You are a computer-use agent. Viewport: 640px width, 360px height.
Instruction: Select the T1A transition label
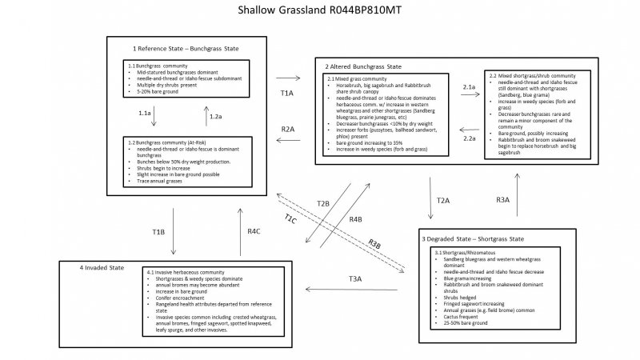pos(287,93)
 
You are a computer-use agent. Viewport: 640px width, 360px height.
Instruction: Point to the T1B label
pos(159,232)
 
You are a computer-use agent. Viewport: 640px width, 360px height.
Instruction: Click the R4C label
pos(254,231)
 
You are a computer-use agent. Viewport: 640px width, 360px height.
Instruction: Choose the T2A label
pos(443,200)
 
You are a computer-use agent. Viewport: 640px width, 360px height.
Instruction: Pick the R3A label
pos(502,199)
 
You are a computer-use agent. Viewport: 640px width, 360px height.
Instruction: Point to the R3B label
pos(374,244)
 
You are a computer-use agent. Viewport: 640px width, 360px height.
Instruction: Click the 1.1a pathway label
pos(145,114)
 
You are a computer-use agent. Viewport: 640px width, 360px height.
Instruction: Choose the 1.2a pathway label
pos(214,117)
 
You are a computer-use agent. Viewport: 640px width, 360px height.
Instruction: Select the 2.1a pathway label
pos(470,86)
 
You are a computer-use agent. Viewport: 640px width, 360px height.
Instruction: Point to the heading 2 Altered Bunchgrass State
pos(363,66)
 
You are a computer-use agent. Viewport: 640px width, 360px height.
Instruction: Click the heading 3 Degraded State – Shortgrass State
pos(473,239)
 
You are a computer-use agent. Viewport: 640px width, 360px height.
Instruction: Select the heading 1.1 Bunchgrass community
pos(158,64)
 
